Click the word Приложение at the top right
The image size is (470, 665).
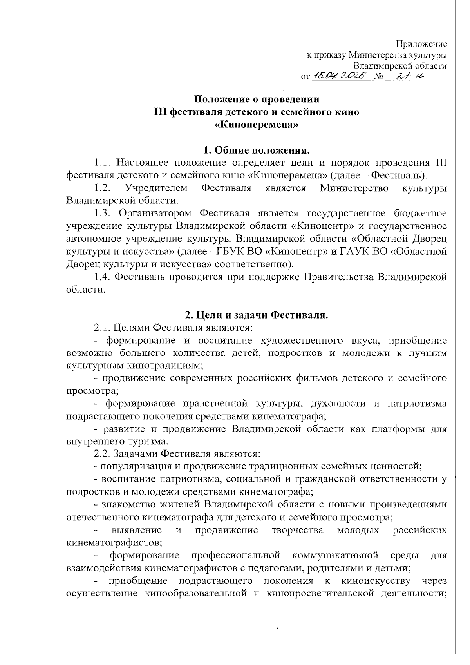[x=421, y=44]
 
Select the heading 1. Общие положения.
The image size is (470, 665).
[x=257, y=150]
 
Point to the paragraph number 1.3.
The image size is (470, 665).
[x=103, y=213]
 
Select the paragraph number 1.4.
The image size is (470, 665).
[x=103, y=277]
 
